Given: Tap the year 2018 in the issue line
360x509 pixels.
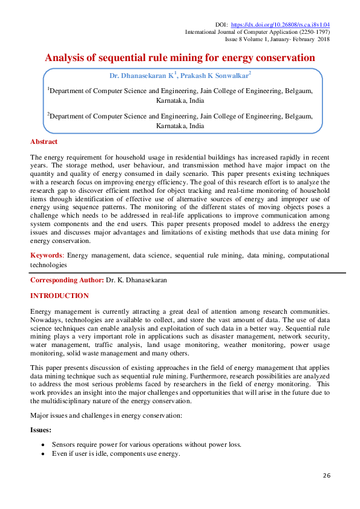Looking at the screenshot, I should (322, 39).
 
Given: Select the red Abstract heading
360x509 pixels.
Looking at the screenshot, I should (44, 141).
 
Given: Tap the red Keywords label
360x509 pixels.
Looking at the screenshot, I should (48, 255).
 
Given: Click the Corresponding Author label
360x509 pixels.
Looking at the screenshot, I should (67, 280).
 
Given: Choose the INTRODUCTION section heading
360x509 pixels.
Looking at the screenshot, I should (59, 296).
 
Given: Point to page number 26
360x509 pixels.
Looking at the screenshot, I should (326, 476).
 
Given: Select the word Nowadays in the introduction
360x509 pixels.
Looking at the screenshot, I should (47, 319).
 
